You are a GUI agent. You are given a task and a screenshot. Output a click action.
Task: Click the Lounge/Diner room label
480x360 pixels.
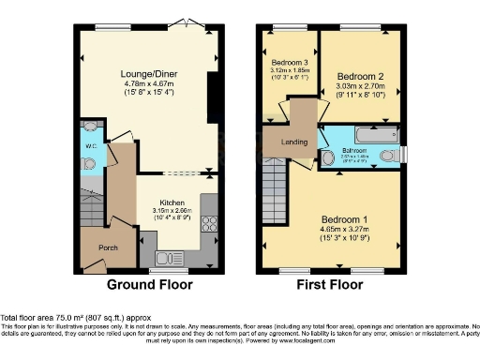pyautogui.click(x=143, y=71)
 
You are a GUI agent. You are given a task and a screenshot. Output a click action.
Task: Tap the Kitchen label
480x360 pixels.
pyautogui.click(x=171, y=202)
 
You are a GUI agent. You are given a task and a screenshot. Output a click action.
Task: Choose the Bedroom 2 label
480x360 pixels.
pyautogui.click(x=361, y=75)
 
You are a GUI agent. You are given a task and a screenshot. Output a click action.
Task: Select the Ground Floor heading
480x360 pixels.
pyautogui.click(x=150, y=284)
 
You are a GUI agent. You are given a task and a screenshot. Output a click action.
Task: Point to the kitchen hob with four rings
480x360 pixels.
pyautogui.click(x=209, y=223)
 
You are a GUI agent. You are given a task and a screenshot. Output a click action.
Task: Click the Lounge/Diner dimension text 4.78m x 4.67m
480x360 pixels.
pyautogui.click(x=143, y=82)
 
